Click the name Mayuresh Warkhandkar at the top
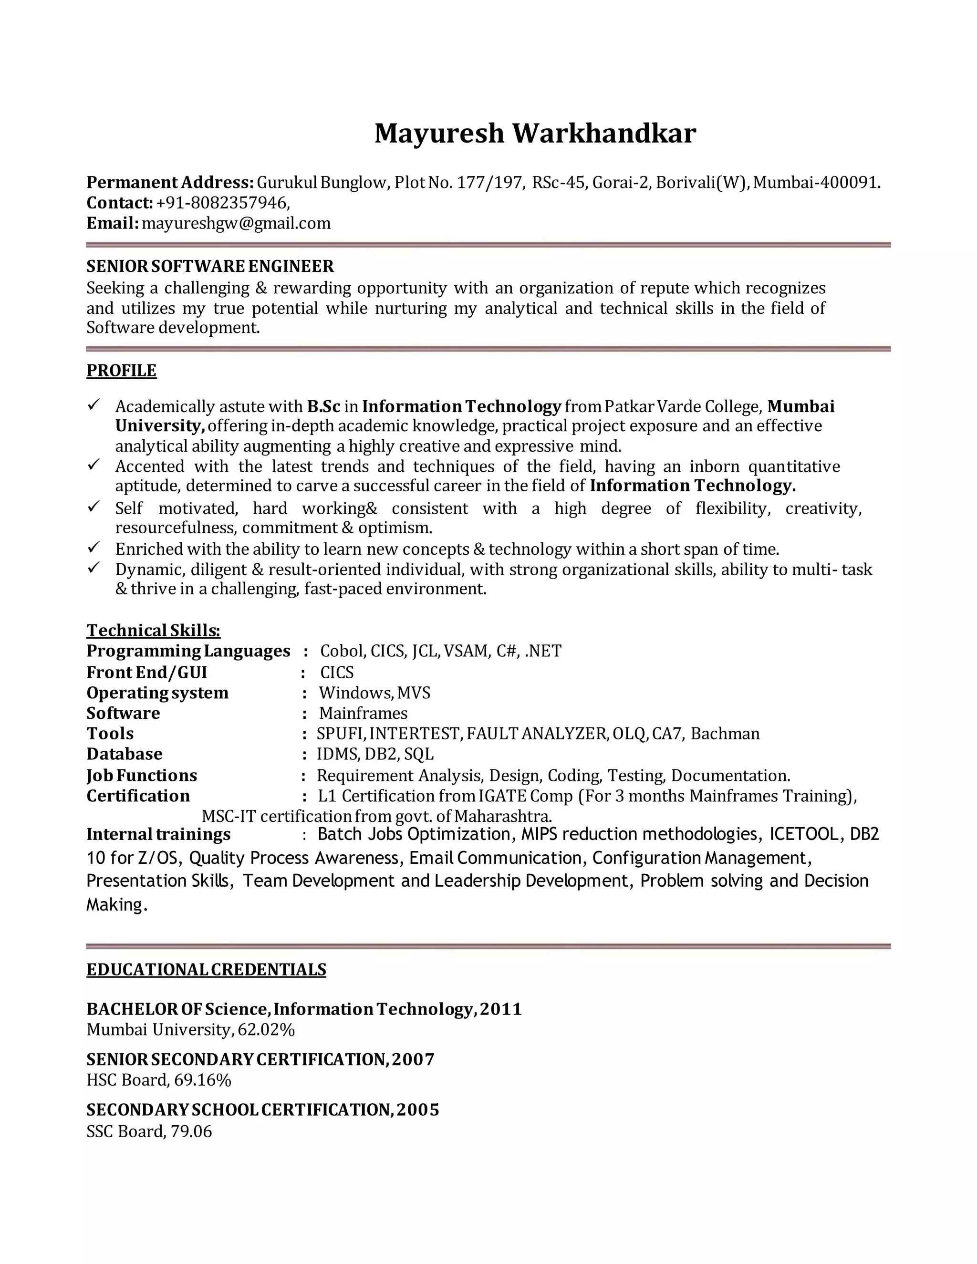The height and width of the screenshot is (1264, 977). [x=535, y=134]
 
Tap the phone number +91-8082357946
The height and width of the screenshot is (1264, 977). [x=222, y=203]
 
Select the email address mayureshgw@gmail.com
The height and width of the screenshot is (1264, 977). [x=236, y=223]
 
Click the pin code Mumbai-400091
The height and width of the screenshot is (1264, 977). [x=817, y=183]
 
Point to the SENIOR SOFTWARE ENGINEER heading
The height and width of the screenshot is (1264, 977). [x=210, y=266]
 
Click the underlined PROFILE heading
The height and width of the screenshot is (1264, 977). [x=122, y=371]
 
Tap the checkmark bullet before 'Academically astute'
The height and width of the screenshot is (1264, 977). [x=94, y=404]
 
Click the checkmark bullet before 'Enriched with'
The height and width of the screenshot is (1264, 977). [x=94, y=547]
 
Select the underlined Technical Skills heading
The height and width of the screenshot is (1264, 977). [x=154, y=630]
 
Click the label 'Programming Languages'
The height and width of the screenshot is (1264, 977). [x=188, y=651]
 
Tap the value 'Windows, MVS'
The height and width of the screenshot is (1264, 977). [x=374, y=693]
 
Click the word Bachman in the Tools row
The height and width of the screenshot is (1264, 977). [x=725, y=734]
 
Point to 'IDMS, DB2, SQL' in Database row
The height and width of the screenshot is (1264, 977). [x=375, y=754]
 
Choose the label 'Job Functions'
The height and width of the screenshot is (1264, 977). [x=142, y=776]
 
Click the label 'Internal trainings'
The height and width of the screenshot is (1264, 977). [x=158, y=835]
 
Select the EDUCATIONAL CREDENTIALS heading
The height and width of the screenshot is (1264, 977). [x=206, y=970]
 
